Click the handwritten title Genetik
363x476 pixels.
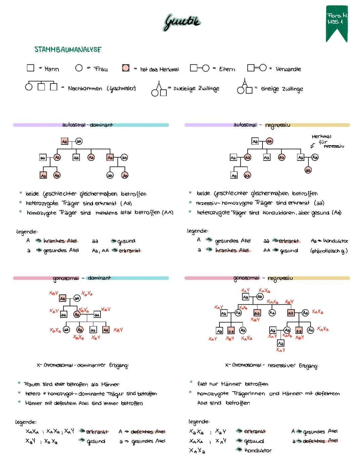[x=182, y=22]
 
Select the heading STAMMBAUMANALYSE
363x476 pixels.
[x=68, y=50]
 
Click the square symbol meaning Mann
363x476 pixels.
[x=31, y=68]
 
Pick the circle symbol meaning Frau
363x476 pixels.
[x=79, y=68]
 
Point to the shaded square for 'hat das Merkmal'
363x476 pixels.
[x=126, y=68]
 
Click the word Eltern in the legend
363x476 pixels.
[x=227, y=69]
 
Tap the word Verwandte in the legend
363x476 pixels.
[x=288, y=69]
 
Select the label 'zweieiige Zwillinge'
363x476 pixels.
[x=196, y=88]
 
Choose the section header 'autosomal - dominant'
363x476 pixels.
[x=88, y=125]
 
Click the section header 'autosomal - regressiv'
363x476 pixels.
[x=261, y=125]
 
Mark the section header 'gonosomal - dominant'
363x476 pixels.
[x=82, y=278]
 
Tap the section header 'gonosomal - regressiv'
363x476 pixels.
[x=263, y=278]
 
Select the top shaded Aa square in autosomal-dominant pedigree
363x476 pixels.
[x=65, y=142]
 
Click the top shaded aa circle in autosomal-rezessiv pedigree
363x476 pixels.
[x=270, y=141]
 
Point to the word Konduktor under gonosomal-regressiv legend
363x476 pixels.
[x=258, y=450]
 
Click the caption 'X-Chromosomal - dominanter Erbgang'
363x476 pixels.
[x=83, y=365]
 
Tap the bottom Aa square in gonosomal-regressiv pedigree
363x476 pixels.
[x=280, y=343]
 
